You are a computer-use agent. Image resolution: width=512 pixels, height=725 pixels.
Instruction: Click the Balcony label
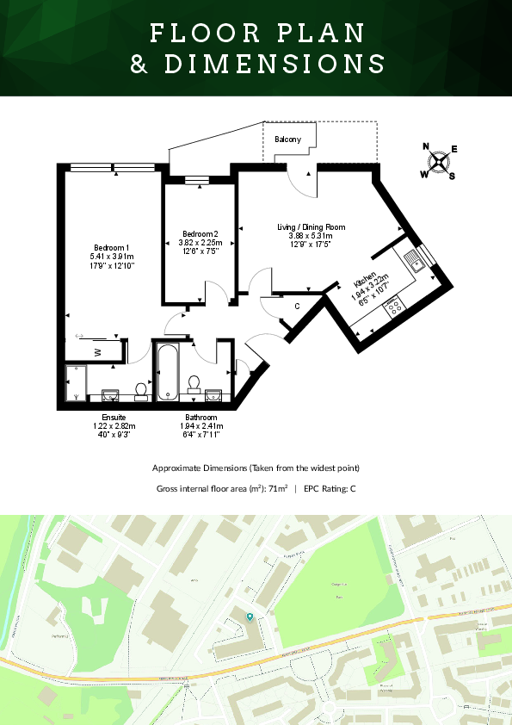coord(288,139)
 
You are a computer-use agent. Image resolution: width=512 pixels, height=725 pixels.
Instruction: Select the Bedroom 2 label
coord(200,233)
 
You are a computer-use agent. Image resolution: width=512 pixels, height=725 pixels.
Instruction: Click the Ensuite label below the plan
coord(114,417)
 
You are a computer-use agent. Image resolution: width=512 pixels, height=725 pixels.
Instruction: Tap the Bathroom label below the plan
coord(200,417)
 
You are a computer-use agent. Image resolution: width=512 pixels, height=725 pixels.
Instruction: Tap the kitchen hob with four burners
coord(394,304)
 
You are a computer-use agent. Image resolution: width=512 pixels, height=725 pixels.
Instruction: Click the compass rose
coord(440,161)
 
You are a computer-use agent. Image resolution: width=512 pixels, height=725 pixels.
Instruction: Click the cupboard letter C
coord(297,306)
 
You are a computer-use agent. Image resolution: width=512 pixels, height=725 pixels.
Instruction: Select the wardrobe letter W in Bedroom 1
coord(98,351)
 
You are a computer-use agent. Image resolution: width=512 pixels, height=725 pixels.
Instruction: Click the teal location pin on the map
coord(250,617)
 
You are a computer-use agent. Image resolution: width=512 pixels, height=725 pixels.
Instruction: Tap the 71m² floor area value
coord(277,488)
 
